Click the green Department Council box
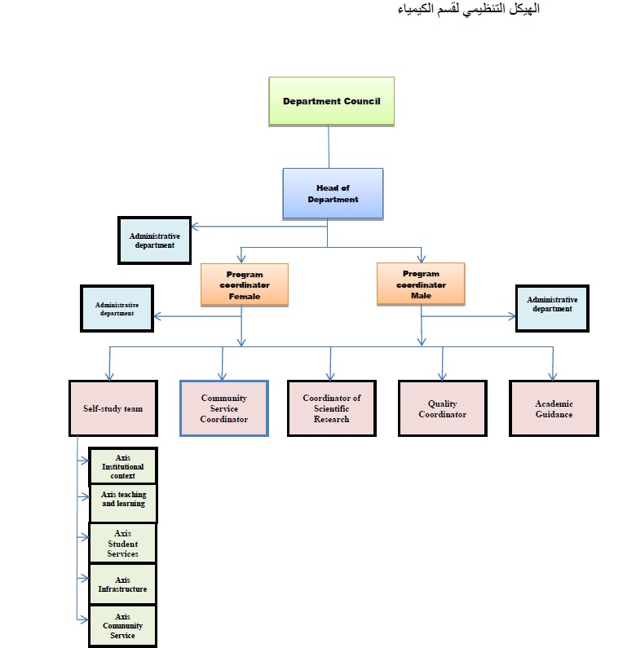pyautogui.click(x=332, y=101)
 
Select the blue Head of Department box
pyautogui.click(x=333, y=193)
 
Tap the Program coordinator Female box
pyautogui.click(x=244, y=284)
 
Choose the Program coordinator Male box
pyautogui.click(x=420, y=284)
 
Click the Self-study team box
pyautogui.click(x=113, y=408)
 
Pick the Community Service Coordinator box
pyautogui.click(x=223, y=408)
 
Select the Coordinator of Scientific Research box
pyautogui.click(x=331, y=408)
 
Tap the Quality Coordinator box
pyautogui.click(x=442, y=408)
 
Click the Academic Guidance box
pyautogui.click(x=554, y=408)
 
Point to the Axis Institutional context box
pyautogui.click(x=122, y=466)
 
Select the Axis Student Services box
pyautogui.click(x=122, y=544)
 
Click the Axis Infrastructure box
pyautogui.click(x=122, y=584)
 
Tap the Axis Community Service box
pyautogui.click(x=122, y=625)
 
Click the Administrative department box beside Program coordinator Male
pyautogui.click(x=552, y=307)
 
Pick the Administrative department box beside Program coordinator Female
pyautogui.click(x=117, y=308)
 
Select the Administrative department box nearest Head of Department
pyautogui.click(x=154, y=240)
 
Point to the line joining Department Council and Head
pyautogui.click(x=329, y=147)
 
